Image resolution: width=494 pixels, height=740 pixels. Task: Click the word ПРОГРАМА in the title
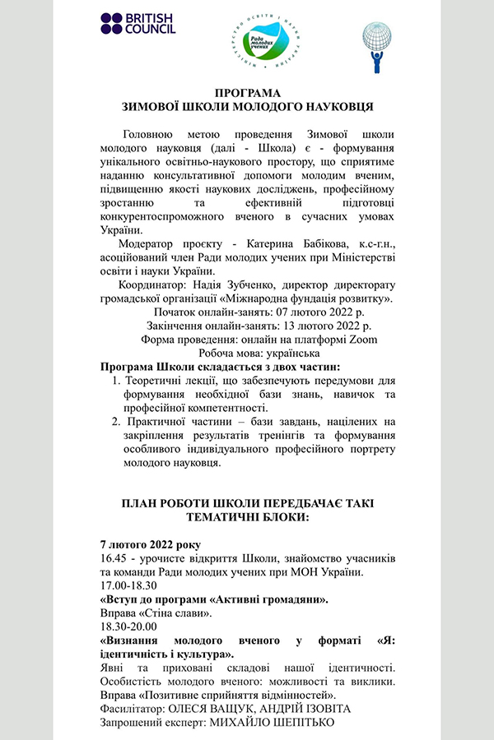247,93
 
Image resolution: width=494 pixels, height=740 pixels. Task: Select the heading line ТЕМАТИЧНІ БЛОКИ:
247,518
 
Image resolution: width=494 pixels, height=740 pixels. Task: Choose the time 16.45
113,558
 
